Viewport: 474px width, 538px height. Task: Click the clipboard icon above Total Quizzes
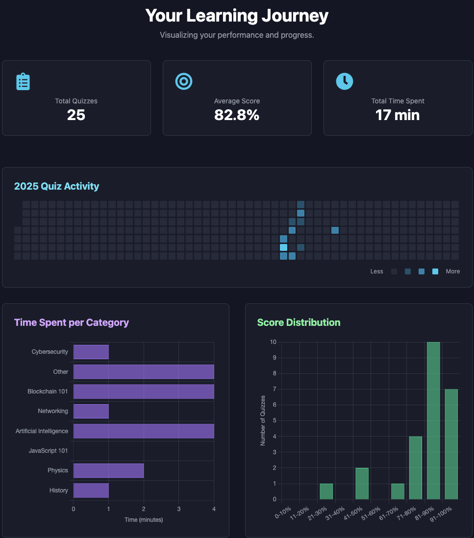tap(23, 81)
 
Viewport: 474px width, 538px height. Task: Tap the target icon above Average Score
tap(184, 81)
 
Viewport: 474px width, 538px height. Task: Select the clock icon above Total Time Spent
tap(344, 81)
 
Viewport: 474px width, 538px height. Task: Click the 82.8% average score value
tap(237, 115)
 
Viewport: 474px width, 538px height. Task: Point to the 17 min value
tap(398, 115)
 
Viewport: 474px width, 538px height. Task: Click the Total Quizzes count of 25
tap(76, 115)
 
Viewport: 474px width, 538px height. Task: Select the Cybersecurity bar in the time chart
tap(91, 352)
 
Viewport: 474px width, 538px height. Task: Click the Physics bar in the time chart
tap(108, 470)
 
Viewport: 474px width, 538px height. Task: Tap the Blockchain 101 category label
tap(48, 391)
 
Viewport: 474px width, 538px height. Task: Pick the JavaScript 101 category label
tap(48, 451)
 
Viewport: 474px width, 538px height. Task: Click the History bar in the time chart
tap(91, 490)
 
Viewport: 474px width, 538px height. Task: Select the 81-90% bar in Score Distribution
tap(433, 420)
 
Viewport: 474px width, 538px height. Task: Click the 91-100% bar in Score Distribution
tap(451, 444)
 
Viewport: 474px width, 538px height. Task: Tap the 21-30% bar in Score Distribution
tap(326, 491)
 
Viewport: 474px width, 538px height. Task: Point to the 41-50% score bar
tap(362, 484)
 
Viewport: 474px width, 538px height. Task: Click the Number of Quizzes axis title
tap(263, 420)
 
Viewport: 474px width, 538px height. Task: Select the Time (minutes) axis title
tap(143, 520)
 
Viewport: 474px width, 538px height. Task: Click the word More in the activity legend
tap(452, 271)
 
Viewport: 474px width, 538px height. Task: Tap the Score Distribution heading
tap(299, 322)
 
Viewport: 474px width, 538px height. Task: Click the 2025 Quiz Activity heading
tap(56, 186)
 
